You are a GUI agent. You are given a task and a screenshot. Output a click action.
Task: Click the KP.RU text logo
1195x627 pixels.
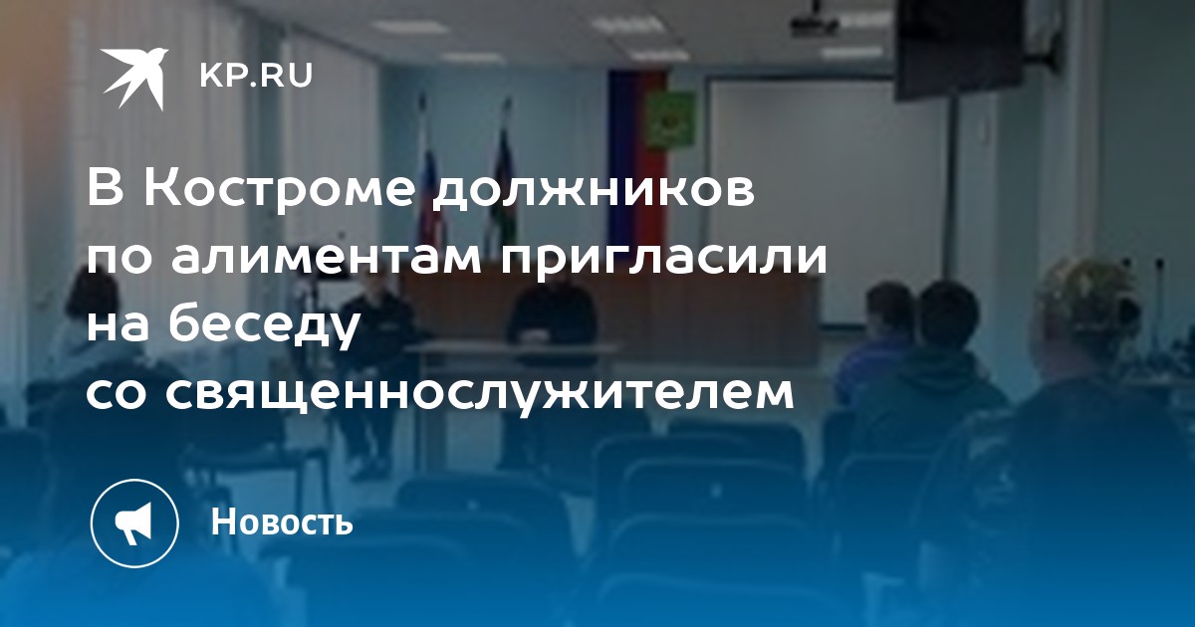click(x=256, y=76)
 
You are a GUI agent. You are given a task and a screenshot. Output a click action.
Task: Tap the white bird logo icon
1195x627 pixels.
click(x=135, y=79)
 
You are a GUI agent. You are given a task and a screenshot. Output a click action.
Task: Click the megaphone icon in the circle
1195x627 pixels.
click(x=133, y=523)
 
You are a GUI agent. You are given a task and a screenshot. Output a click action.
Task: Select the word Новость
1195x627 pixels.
click(x=282, y=522)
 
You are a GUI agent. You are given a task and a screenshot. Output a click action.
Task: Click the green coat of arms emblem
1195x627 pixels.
click(x=670, y=119)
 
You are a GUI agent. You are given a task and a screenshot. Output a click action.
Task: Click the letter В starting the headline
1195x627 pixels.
click(x=106, y=189)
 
